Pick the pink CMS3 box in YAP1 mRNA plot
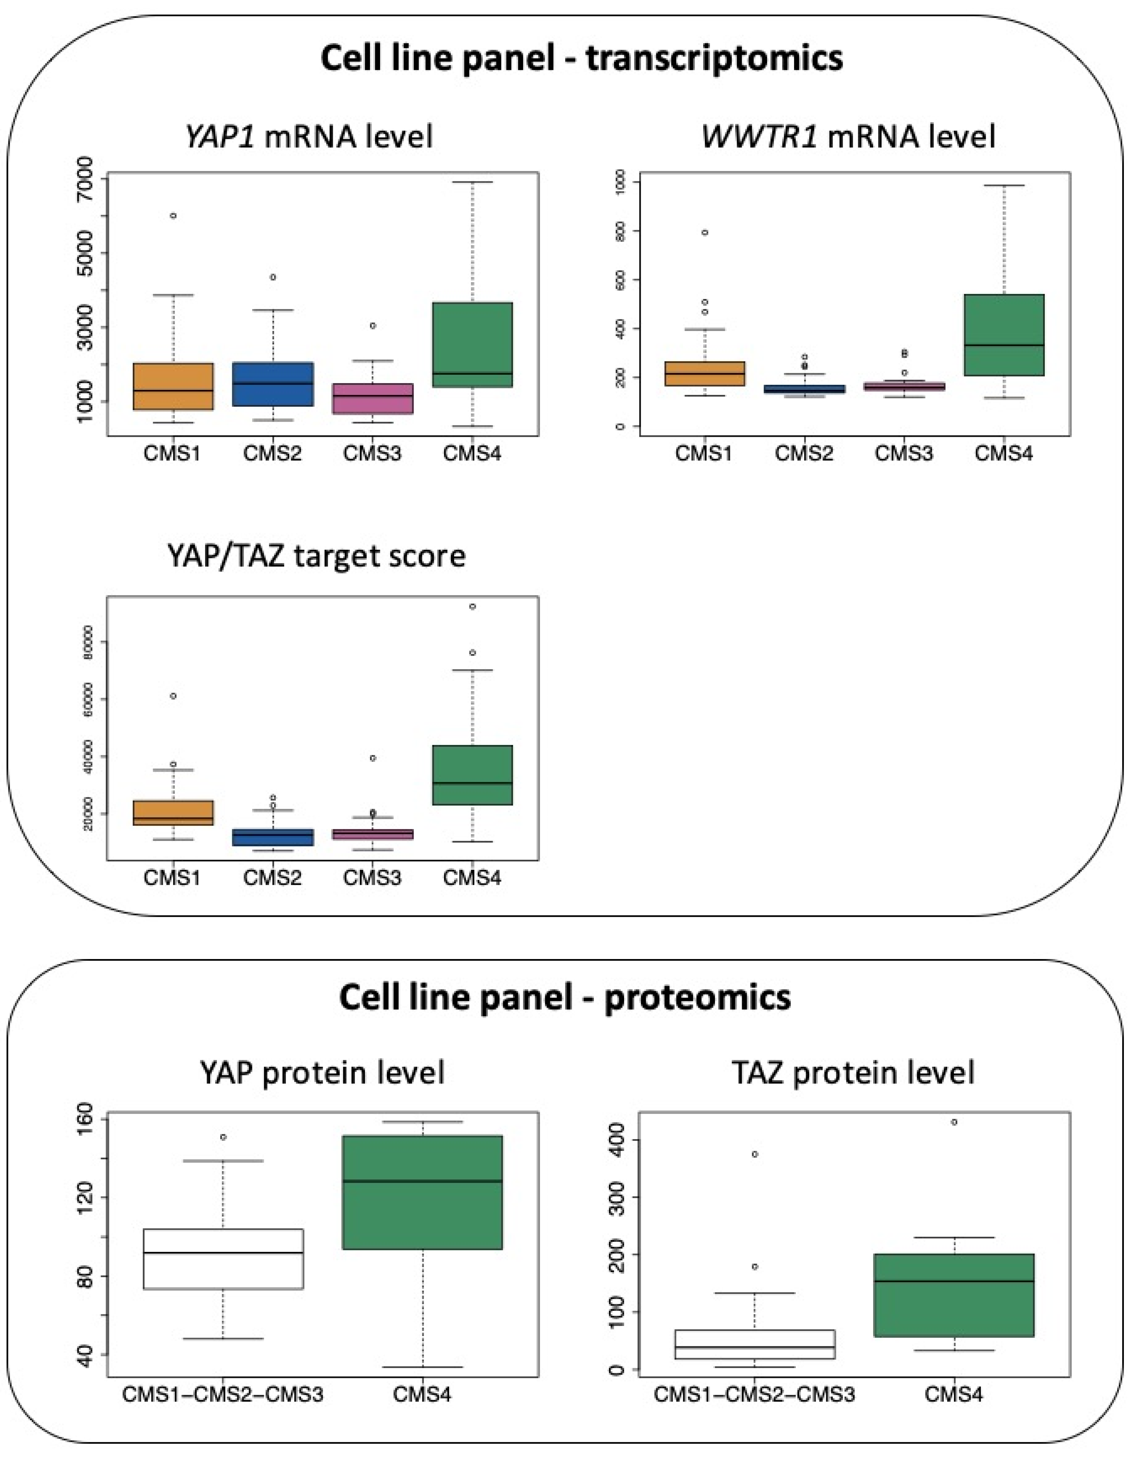372,398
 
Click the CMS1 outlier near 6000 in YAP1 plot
173,216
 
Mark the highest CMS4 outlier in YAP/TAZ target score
472,606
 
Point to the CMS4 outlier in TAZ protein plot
954,1122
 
